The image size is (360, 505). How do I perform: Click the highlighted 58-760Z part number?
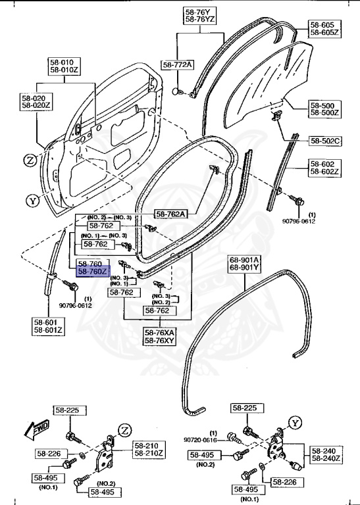tap(91, 271)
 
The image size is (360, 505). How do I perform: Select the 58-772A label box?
tap(178, 64)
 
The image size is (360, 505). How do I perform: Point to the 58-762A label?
tap(170, 214)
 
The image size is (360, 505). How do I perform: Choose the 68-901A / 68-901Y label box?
tap(244, 263)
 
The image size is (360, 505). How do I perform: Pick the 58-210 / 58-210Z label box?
tap(149, 449)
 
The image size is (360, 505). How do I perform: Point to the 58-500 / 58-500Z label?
tap(325, 108)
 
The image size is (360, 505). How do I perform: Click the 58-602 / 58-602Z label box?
tap(325, 168)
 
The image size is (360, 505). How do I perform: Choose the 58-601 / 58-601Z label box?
tap(48, 325)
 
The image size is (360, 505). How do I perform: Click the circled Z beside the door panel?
tap(30, 160)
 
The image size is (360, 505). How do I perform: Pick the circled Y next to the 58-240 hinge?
tap(296, 422)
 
